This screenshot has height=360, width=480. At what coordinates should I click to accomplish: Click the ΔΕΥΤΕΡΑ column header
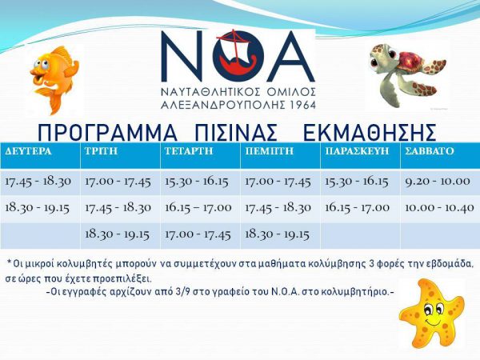coord(29,151)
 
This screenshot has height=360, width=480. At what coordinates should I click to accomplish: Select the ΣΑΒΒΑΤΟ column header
coord(430,151)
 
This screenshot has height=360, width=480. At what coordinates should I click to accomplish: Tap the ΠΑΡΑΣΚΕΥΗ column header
coord(357,151)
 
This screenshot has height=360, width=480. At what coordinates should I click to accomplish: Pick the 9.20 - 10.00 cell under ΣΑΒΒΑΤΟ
coord(438,182)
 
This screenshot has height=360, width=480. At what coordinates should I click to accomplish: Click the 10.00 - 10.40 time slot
coord(439,208)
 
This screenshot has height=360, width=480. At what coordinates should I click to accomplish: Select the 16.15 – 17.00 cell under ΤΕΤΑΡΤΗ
coord(198,208)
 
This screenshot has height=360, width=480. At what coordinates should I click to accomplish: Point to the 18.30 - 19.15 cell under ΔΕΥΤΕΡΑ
coord(38,208)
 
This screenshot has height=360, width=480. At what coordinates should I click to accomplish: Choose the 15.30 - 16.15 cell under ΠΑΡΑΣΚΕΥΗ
coord(356,182)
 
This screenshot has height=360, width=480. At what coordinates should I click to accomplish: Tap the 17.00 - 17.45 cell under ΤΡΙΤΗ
coord(118,182)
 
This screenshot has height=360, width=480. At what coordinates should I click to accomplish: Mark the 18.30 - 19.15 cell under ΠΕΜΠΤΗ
coord(278,234)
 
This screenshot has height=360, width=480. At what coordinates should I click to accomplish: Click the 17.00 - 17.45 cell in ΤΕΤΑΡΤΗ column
coord(198,234)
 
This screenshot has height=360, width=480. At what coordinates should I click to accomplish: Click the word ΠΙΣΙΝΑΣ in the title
coord(235,133)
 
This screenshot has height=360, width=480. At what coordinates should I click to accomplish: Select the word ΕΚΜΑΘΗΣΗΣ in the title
coord(369,133)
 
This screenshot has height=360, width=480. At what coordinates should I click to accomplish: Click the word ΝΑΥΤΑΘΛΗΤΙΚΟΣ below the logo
coord(210,91)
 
